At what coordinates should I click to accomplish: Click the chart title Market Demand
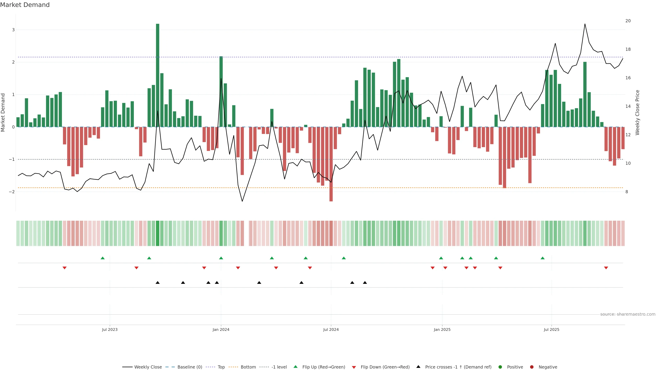coord(25,5)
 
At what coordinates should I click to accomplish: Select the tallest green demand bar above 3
coord(158,75)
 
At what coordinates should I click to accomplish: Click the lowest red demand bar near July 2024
coord(331,165)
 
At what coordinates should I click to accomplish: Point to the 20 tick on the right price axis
coord(628,21)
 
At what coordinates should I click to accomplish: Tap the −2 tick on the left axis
coord(12,192)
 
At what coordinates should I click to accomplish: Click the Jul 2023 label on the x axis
coord(110,329)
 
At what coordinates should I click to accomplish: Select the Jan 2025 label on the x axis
coord(442,329)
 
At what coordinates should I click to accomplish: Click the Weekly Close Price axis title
coord(637,112)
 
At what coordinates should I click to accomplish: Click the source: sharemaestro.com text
coord(628,314)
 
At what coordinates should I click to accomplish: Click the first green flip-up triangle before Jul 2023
coord(103,258)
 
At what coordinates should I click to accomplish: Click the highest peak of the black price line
coord(585,24)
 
